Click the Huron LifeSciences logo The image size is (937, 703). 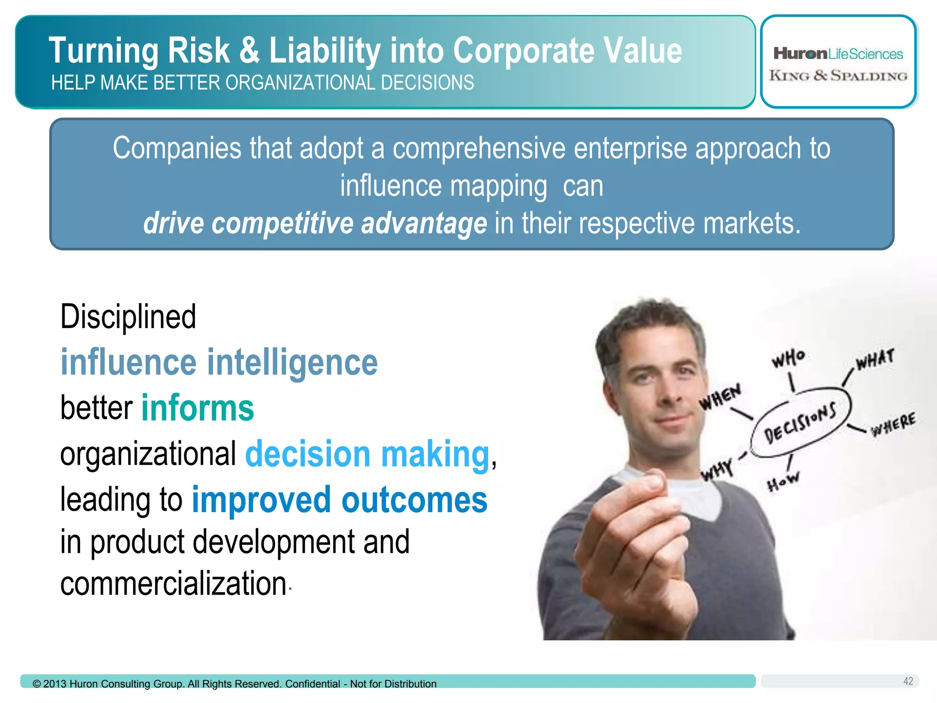pos(838,54)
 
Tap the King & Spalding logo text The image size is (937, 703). pos(838,76)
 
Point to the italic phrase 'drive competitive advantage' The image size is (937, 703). pos(315,223)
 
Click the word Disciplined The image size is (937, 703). pos(128,317)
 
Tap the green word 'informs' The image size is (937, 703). pos(198,408)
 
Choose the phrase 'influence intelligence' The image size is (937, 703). pos(219,362)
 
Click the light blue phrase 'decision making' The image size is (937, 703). pos(367,454)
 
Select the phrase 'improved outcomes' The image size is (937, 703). pos(339,500)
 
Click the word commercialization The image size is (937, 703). pos(173,584)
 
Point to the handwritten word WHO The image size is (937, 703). pos(788,358)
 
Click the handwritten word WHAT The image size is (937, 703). pos(875,359)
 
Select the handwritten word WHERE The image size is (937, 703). pos(893,425)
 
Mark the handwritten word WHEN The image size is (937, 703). pos(720,396)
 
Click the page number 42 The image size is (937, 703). pos(908,681)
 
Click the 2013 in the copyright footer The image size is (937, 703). pos(55,684)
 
